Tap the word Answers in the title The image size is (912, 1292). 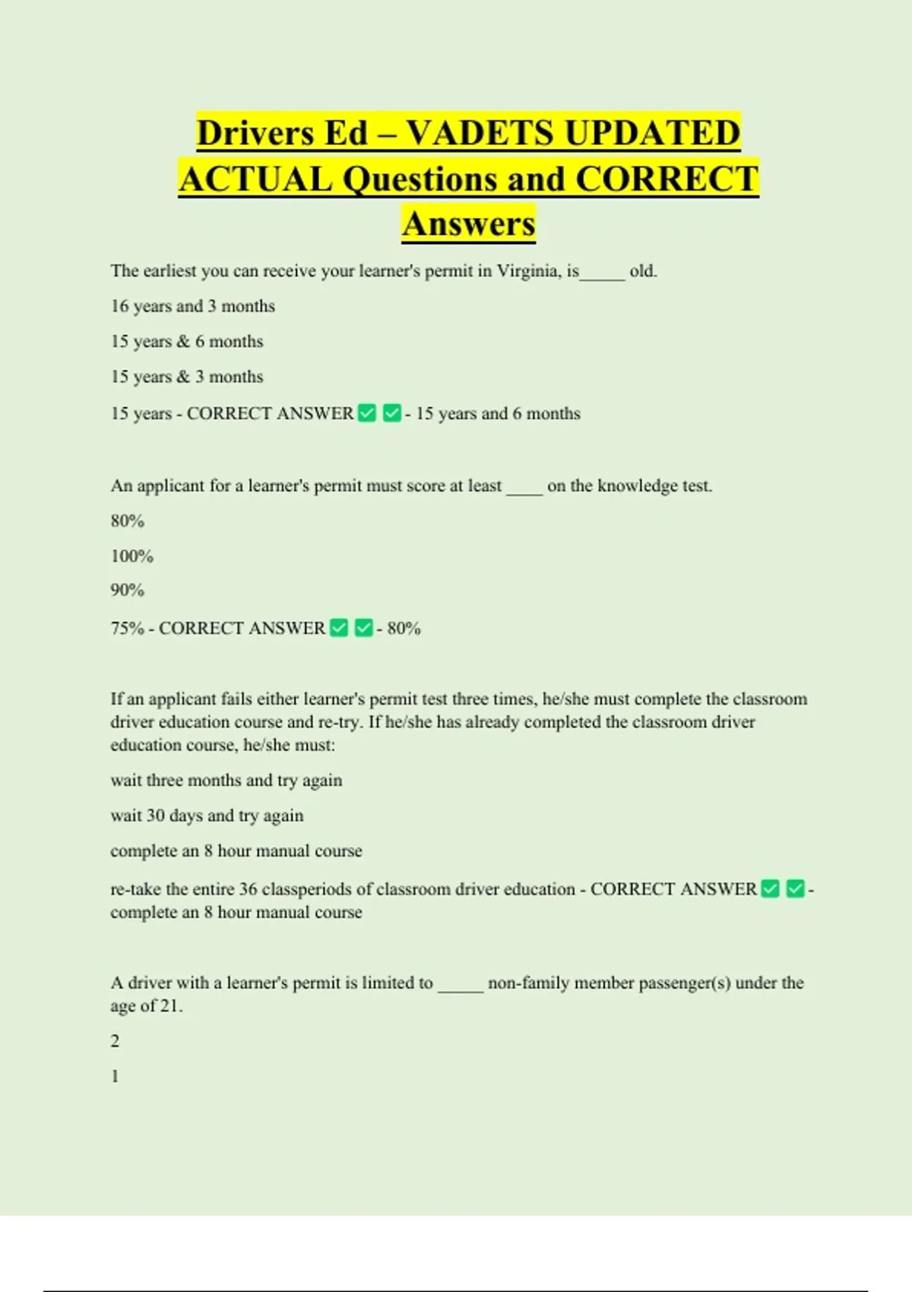469,223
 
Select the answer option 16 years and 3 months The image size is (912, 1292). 192,306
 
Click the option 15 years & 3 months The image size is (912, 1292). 187,377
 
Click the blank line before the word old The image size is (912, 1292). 603,275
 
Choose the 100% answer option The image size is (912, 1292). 131,556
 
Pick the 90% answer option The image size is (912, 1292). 127,591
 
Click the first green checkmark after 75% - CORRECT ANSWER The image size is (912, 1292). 340,628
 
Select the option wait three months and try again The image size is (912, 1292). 226,781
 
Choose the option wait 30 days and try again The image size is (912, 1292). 207,815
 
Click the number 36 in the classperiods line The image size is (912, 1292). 248,889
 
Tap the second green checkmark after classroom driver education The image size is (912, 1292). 795,888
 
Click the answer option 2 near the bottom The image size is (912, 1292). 115,1041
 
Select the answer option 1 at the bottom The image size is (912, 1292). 115,1076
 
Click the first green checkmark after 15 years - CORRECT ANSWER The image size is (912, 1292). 367,413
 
